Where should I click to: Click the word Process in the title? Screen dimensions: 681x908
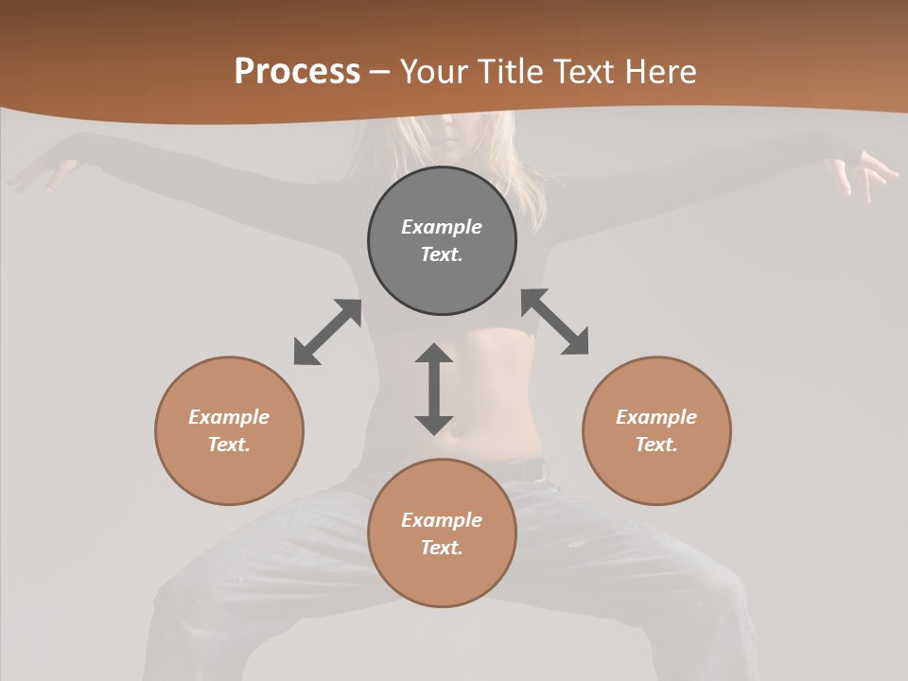[x=297, y=72]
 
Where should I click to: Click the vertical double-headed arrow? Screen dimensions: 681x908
[x=434, y=389]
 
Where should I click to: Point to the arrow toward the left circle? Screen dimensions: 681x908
[x=327, y=332]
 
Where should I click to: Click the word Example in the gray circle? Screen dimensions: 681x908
[x=442, y=227]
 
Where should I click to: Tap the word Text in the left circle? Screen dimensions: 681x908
[x=228, y=445]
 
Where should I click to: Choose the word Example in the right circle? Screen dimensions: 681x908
[x=656, y=417]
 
